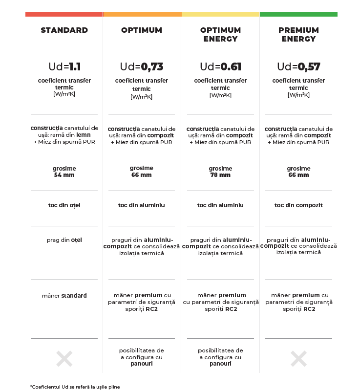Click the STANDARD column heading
[64, 30]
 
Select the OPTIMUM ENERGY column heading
[220, 35]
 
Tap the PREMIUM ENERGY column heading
[298, 35]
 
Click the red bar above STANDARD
[64, 15]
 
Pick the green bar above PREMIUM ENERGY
[298, 15]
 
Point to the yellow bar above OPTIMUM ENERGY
[220, 15]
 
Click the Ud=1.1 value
[64, 67]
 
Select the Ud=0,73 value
[142, 67]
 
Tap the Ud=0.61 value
[220, 67]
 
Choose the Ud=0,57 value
[298, 67]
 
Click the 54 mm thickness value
[64, 175]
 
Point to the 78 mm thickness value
[220, 175]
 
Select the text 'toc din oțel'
[64, 205]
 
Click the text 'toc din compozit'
[298, 205]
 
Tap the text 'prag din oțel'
[64, 240]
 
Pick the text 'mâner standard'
[64, 296]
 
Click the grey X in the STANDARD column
[64, 359]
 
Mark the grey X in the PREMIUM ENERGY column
[298, 359]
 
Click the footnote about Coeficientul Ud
[75, 387]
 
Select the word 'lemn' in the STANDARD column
[84, 135]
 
